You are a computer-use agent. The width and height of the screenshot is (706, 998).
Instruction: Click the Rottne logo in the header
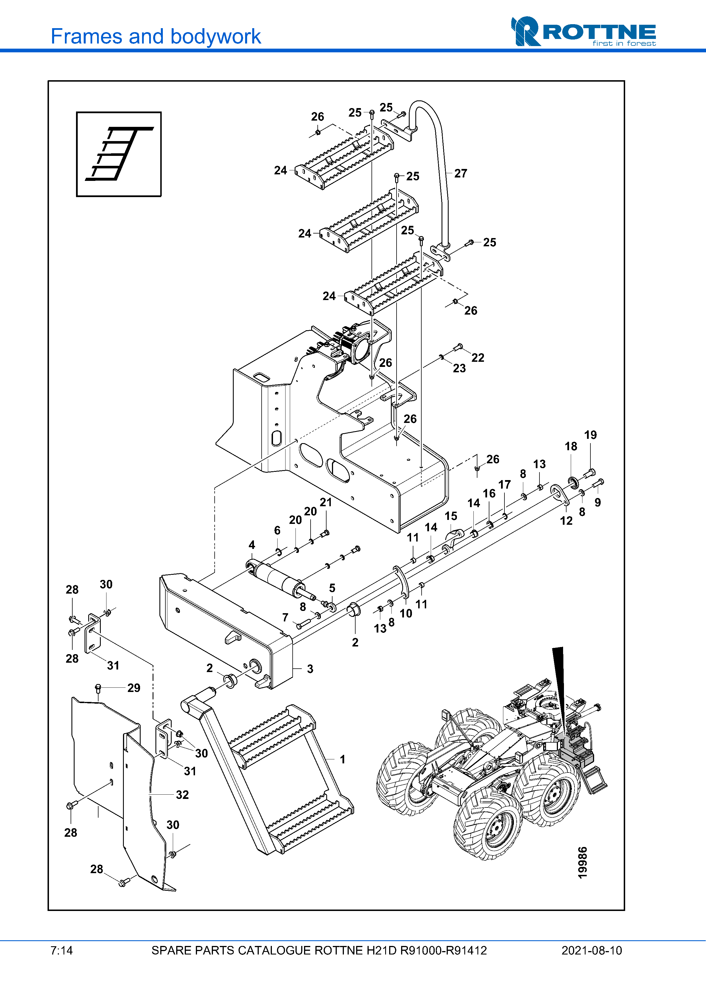click(583, 31)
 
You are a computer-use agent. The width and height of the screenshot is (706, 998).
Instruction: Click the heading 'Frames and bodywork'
click(156, 36)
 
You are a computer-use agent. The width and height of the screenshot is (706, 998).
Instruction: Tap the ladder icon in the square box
click(119, 154)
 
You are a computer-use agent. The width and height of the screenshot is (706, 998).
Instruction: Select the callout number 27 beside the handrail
click(461, 173)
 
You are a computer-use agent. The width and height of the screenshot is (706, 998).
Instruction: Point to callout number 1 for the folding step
click(343, 759)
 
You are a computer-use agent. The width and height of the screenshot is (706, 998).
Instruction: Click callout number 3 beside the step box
click(310, 669)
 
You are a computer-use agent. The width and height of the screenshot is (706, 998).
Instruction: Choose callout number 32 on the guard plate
click(182, 795)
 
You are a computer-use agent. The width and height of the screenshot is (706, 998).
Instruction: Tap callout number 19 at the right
click(590, 435)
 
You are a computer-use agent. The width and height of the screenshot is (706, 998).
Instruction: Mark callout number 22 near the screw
click(478, 358)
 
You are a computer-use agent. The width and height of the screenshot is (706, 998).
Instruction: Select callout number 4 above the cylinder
click(252, 545)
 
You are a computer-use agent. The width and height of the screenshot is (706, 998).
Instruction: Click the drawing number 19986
click(582, 863)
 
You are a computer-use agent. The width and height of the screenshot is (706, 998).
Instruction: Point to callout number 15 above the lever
click(451, 516)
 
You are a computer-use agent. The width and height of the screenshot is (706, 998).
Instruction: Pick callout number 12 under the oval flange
click(566, 521)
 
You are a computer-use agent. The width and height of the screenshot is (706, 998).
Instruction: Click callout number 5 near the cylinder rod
click(332, 588)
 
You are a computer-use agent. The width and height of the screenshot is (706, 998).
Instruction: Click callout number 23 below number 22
click(459, 369)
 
